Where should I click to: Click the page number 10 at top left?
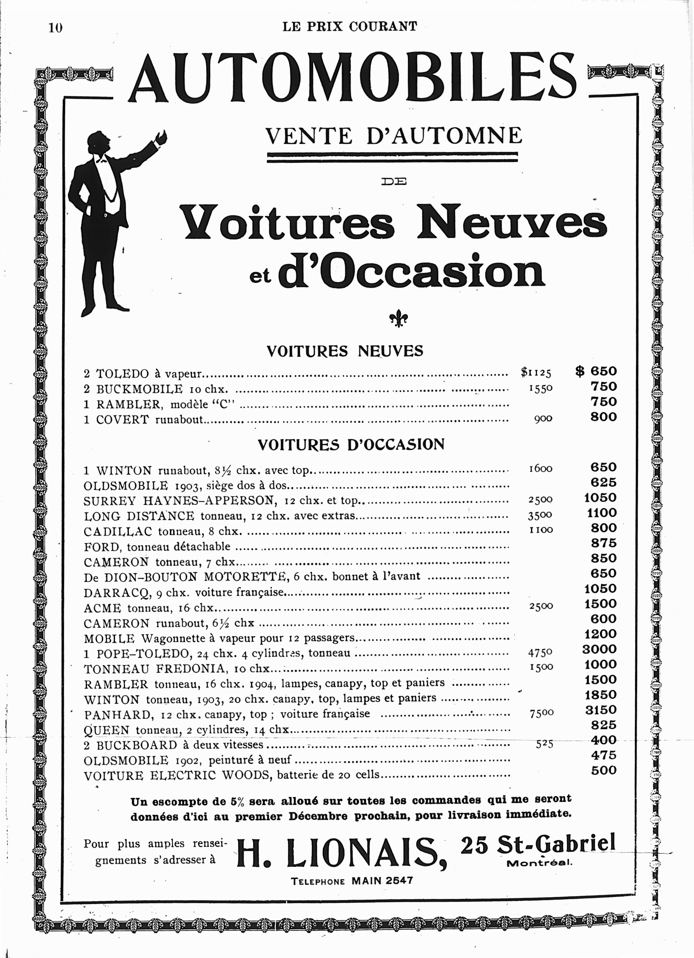[55, 28]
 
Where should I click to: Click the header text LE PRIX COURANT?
[350, 27]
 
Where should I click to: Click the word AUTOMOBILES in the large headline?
[352, 79]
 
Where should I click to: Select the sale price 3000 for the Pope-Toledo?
[599, 649]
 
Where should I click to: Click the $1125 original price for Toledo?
[536, 373]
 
